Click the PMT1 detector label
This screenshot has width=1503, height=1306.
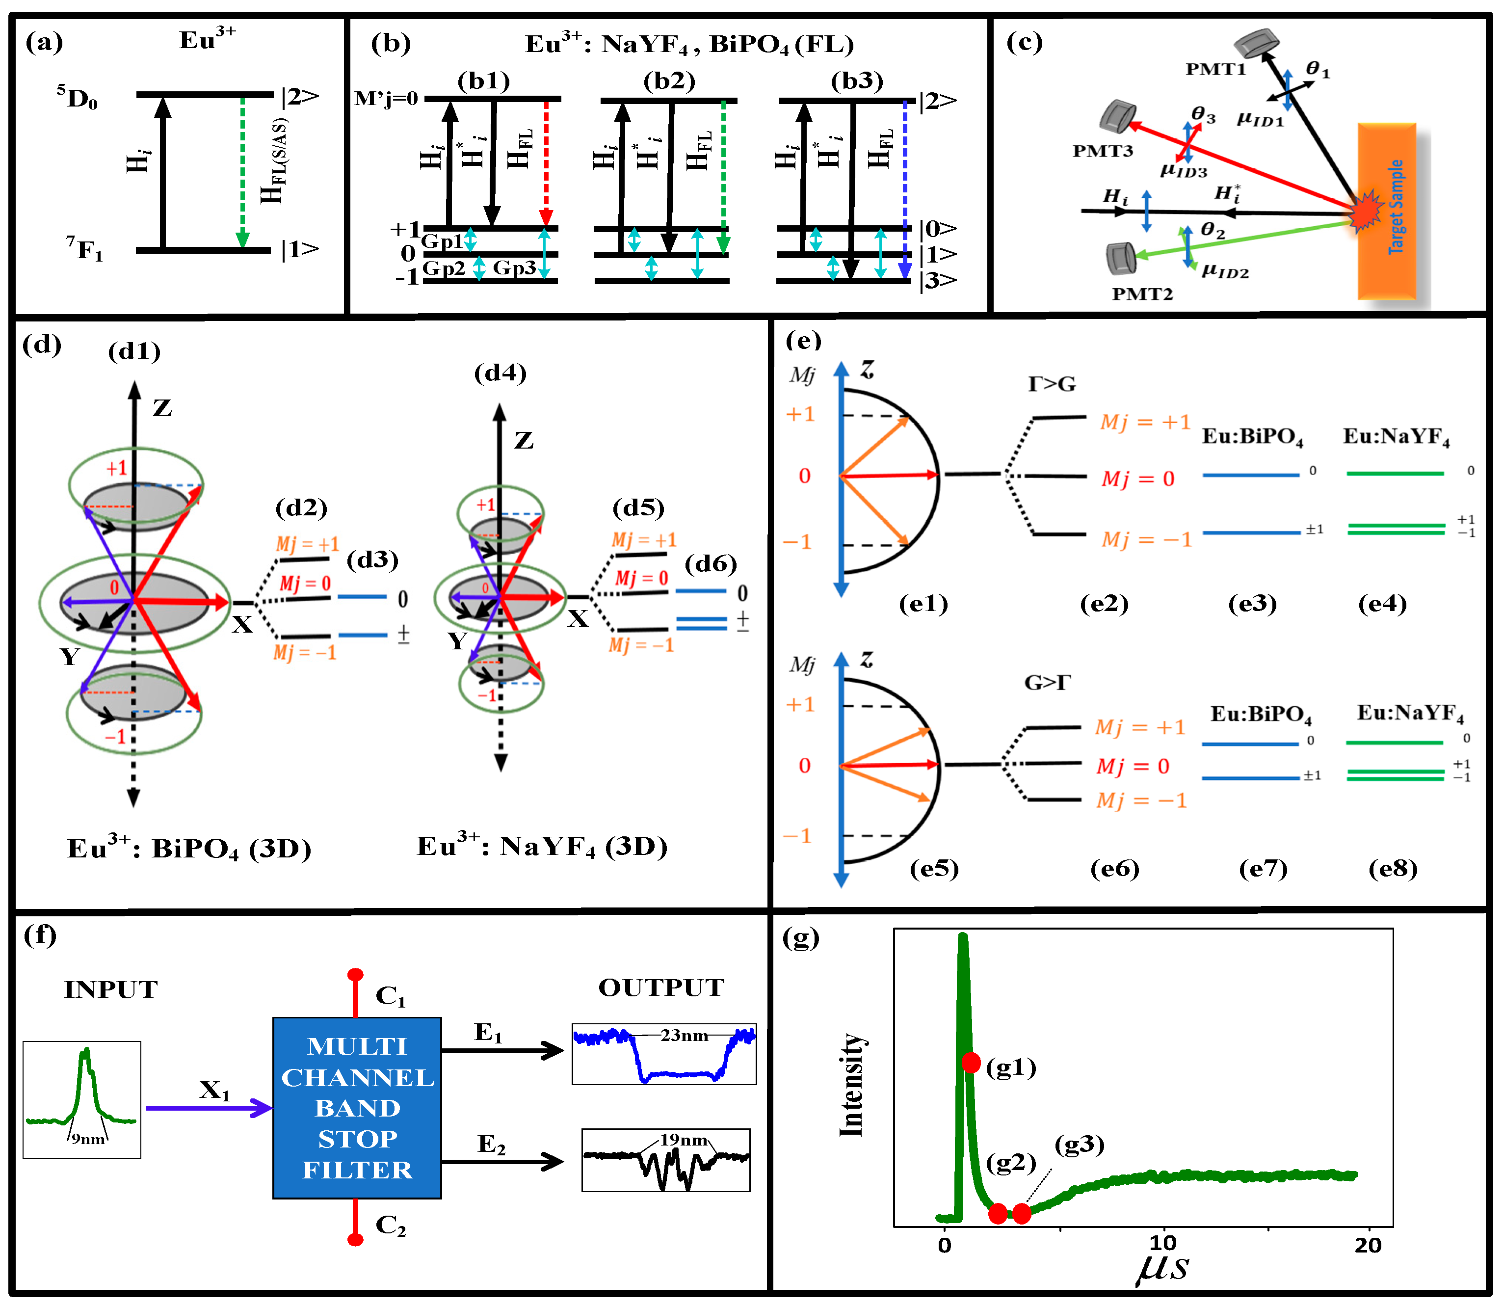(x=1215, y=69)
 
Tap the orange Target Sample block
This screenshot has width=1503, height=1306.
(x=1386, y=212)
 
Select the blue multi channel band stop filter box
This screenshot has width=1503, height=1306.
(x=357, y=1107)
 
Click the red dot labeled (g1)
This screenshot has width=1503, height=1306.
(x=971, y=1062)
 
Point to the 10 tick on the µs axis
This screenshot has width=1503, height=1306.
(x=1163, y=1243)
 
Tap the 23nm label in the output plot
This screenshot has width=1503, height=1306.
(x=684, y=1035)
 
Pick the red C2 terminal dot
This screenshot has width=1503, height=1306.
(x=356, y=1239)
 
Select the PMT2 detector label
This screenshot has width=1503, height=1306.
(x=1142, y=293)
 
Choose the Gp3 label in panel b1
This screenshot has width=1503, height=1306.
(x=514, y=268)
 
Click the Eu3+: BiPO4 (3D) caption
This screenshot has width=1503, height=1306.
(x=189, y=848)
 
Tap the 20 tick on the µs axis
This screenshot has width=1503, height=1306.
(x=1368, y=1243)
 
